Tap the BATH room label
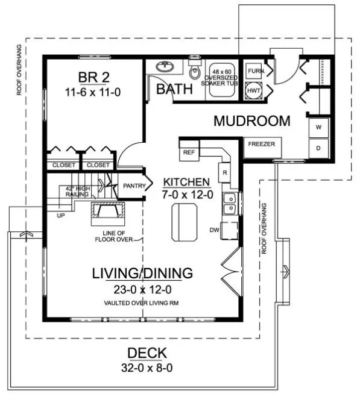click(x=174, y=89)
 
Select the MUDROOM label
click(x=251, y=120)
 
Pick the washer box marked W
click(x=318, y=128)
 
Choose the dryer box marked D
click(x=318, y=148)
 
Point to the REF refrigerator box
click(x=188, y=152)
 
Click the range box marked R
click(x=224, y=172)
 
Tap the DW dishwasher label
click(x=215, y=230)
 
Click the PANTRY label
click(x=134, y=186)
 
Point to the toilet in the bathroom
click(x=194, y=72)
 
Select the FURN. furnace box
click(x=252, y=70)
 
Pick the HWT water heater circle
click(x=252, y=90)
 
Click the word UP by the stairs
click(x=61, y=214)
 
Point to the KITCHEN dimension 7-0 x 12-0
click(x=186, y=195)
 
